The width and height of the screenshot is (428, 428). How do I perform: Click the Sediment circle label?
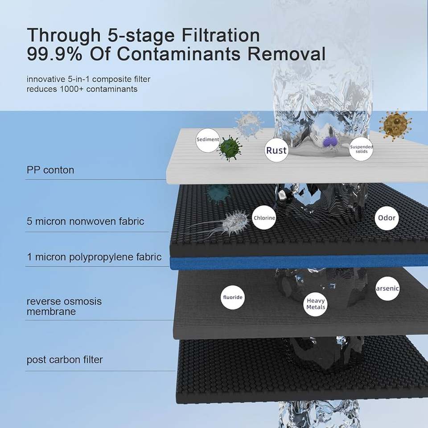(x=208, y=140)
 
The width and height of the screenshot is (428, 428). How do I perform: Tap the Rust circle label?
(x=276, y=150)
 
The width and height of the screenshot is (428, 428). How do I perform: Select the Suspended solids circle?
(x=361, y=149)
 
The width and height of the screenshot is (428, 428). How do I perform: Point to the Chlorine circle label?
(x=264, y=218)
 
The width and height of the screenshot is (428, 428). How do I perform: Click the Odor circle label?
(x=387, y=218)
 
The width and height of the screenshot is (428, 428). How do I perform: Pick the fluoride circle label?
(x=233, y=297)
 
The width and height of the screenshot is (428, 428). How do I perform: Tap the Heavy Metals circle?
(x=316, y=304)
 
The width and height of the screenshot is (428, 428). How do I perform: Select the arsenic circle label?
(x=387, y=288)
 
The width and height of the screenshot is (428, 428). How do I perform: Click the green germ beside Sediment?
(x=230, y=148)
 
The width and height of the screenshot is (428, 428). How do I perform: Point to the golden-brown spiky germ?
(x=395, y=125)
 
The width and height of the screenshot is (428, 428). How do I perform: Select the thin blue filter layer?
(x=299, y=262)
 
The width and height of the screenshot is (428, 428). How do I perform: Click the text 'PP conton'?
(x=50, y=170)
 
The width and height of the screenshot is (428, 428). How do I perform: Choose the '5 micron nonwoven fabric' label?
(x=86, y=221)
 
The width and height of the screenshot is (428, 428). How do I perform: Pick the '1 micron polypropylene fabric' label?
(x=94, y=257)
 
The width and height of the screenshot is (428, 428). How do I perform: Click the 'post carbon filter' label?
(x=65, y=359)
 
